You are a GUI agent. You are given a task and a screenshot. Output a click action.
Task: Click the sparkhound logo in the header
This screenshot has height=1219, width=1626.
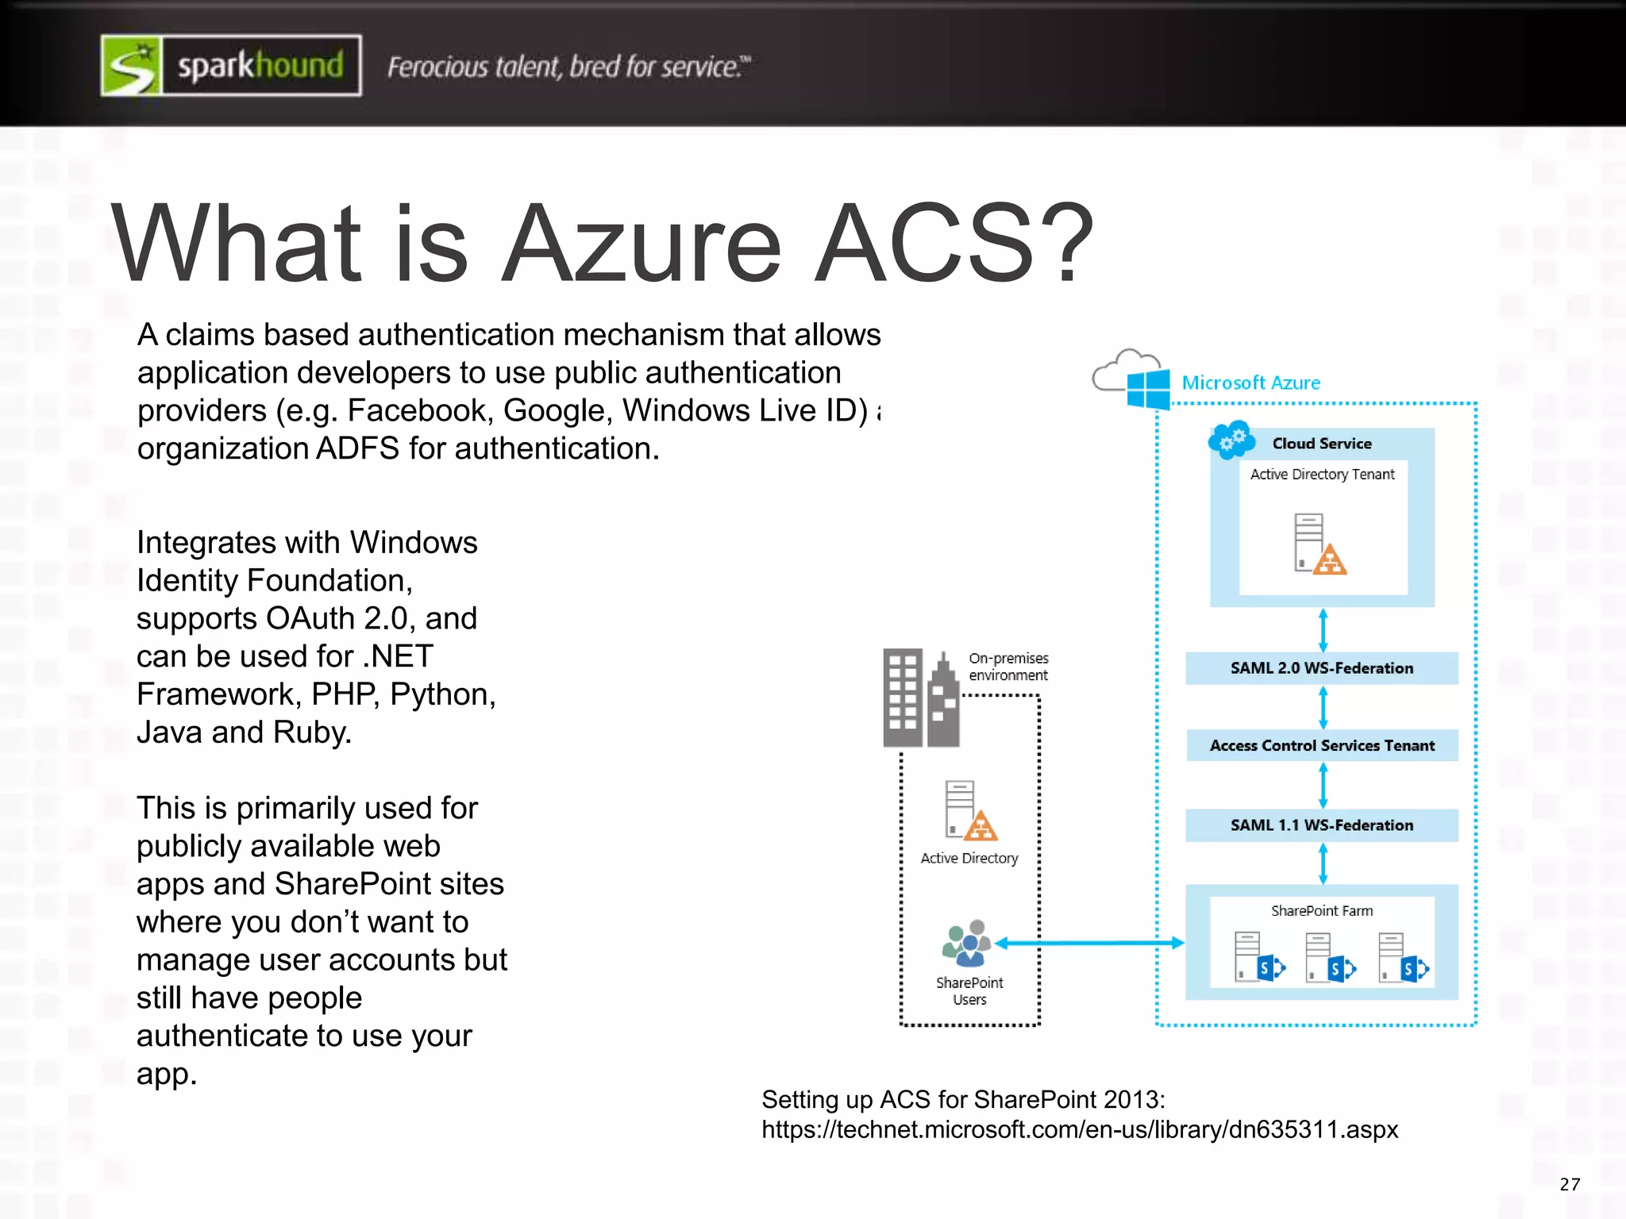click(x=231, y=66)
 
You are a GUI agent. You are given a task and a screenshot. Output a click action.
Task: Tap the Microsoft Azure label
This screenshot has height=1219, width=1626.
click(x=1250, y=383)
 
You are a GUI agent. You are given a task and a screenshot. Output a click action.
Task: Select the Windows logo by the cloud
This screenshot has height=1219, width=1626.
click(x=1148, y=388)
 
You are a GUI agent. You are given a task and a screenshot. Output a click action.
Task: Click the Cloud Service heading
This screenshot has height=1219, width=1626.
click(x=1321, y=444)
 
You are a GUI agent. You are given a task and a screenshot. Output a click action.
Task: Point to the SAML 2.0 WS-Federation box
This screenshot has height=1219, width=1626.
click(x=1321, y=668)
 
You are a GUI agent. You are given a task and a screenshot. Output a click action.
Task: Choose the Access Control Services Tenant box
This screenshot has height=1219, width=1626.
click(x=1321, y=745)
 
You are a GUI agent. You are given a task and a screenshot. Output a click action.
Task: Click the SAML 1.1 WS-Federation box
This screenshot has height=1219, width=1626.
click(x=1321, y=825)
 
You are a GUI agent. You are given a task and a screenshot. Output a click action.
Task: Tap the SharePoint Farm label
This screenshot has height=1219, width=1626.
click(x=1321, y=911)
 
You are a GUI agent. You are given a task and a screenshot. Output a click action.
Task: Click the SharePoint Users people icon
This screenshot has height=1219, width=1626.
click(x=967, y=944)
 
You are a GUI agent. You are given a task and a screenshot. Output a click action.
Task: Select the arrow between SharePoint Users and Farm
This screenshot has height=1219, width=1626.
click(x=1089, y=943)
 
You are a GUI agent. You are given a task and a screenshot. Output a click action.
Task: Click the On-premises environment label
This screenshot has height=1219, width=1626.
click(x=1008, y=667)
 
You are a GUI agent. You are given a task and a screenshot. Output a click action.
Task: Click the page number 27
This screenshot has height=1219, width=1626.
click(x=1570, y=1185)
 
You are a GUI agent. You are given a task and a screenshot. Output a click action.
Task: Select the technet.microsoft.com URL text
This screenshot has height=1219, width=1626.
click(x=1079, y=1129)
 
